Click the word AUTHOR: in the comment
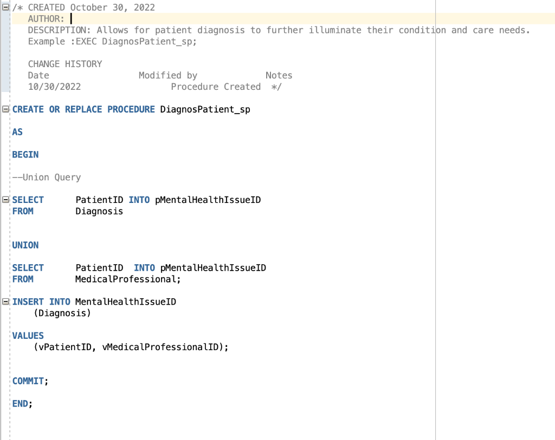(x=46, y=19)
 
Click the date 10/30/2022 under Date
(x=54, y=87)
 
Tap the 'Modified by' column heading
(x=168, y=75)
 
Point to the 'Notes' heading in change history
(x=279, y=75)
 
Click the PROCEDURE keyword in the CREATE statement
(x=131, y=109)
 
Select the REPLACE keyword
(x=83, y=109)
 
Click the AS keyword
(x=17, y=132)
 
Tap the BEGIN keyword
(x=25, y=155)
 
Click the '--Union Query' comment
(x=47, y=178)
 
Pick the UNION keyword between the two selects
(x=25, y=245)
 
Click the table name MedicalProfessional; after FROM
(x=127, y=279)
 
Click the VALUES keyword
(x=28, y=336)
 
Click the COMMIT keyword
(x=28, y=381)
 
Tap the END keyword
(x=20, y=404)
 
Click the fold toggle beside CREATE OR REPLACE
(x=6, y=109)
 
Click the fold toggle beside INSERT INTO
(x=6, y=301)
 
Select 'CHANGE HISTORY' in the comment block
(x=65, y=64)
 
